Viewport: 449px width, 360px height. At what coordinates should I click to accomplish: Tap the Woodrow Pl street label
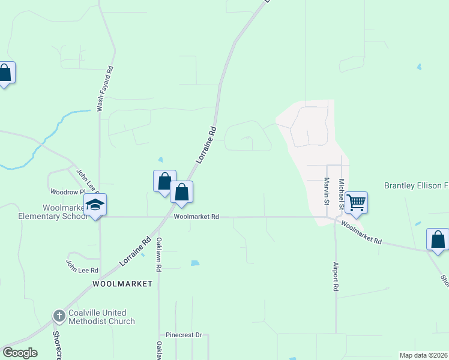64,193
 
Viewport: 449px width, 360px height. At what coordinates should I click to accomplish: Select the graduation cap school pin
95,205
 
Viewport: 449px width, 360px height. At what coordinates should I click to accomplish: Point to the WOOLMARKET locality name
122,283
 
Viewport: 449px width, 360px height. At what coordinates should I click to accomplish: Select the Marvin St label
327,191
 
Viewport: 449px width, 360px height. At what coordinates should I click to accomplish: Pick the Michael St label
341,194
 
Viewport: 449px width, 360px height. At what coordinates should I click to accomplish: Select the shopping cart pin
356,202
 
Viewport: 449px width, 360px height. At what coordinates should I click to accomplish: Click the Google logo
20,353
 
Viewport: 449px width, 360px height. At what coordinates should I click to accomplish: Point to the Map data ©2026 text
424,355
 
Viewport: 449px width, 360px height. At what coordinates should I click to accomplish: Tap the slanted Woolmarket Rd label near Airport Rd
361,232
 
